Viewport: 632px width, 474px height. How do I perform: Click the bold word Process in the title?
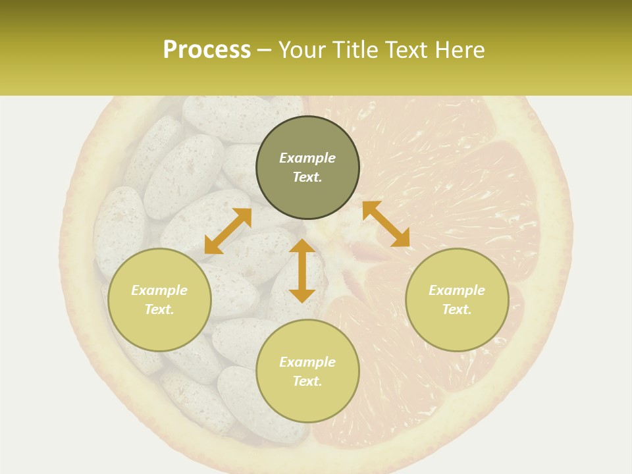point(207,50)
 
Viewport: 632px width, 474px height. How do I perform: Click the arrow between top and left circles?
point(228,231)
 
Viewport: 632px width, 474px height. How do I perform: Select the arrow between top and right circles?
point(386,224)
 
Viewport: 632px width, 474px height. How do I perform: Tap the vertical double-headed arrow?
point(302,271)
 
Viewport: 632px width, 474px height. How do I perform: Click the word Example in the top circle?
point(307,158)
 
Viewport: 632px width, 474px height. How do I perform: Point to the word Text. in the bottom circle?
point(307,381)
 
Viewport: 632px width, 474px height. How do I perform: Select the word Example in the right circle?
point(457,290)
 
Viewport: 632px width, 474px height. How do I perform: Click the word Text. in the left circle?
point(159,309)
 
